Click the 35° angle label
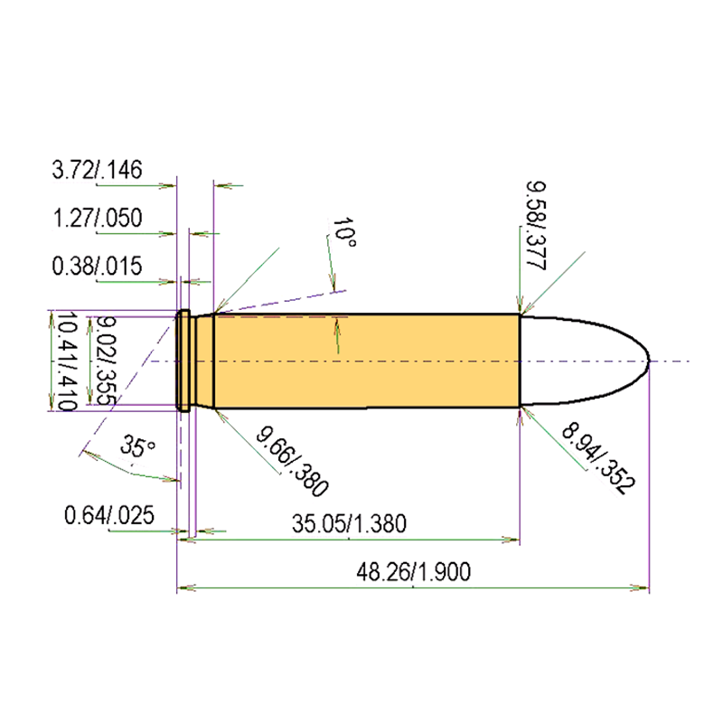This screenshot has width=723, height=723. (135, 447)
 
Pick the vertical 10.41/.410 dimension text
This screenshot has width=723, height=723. (62, 361)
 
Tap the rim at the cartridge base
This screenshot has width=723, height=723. (182, 361)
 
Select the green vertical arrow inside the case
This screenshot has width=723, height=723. (336, 336)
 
